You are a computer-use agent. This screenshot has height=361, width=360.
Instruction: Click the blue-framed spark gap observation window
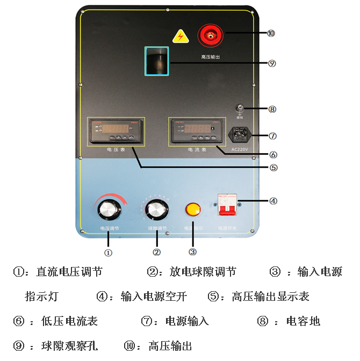(157, 60)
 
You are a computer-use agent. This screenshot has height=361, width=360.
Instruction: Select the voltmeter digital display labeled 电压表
(116, 131)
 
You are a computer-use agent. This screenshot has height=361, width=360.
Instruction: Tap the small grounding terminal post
(240, 109)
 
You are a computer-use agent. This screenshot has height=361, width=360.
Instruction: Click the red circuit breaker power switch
(227, 205)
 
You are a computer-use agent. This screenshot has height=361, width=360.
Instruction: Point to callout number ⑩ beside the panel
(271, 33)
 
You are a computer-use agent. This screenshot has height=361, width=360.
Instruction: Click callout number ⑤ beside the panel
(273, 167)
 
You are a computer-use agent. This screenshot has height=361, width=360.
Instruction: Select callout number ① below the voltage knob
(108, 251)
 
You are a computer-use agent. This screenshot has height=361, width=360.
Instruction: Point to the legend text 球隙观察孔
(70, 345)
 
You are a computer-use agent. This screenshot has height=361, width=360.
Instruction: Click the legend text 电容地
(303, 321)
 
